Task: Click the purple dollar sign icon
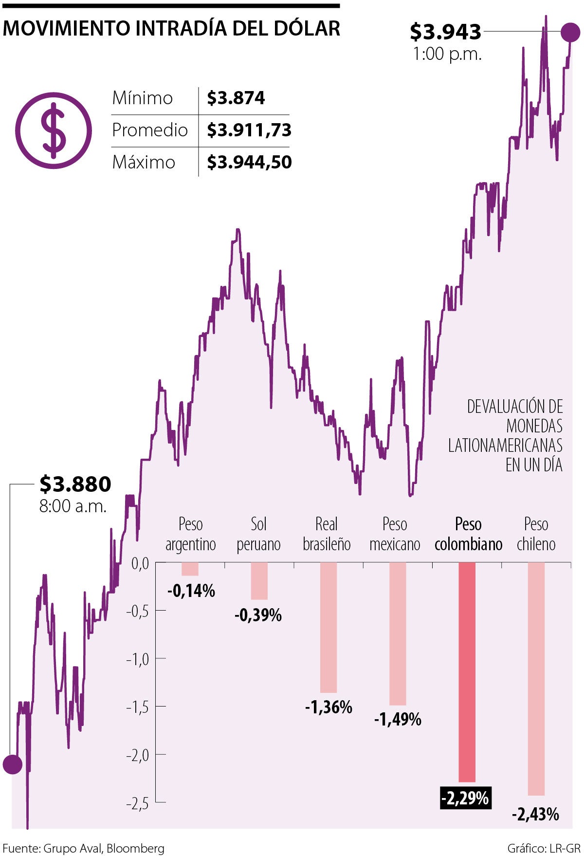coord(54,130)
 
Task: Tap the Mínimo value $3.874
coord(236,98)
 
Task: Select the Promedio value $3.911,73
coord(249,130)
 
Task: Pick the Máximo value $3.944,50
coord(249,162)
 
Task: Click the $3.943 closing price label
coord(445,32)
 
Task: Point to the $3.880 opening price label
coord(75,484)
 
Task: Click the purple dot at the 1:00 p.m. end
coord(570,32)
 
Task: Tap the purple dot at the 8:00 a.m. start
coord(12,764)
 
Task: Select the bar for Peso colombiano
coord(467,672)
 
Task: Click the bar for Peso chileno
coord(536,679)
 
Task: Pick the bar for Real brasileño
coord(328,627)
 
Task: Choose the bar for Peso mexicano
coord(398,633)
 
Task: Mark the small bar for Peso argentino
coord(190,569)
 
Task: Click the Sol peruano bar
coord(259,581)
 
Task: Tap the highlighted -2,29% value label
coord(465,798)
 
